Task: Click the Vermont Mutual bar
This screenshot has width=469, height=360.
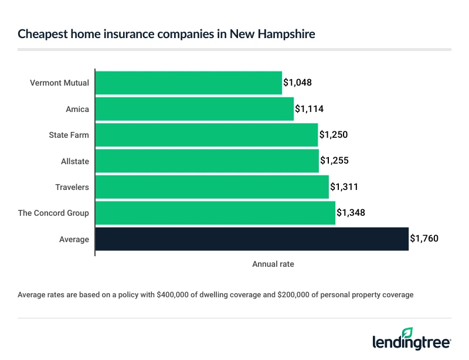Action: (x=188, y=83)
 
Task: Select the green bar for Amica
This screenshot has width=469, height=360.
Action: (x=194, y=108)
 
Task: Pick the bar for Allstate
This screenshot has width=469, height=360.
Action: (x=207, y=161)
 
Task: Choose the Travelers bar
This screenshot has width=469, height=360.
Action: (x=212, y=187)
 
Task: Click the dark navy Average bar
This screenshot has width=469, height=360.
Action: (x=252, y=239)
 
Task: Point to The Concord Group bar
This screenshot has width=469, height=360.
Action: (x=215, y=213)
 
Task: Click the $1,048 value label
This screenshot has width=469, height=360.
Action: (x=297, y=83)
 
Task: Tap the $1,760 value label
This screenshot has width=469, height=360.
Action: (x=424, y=239)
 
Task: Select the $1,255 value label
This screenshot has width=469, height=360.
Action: (x=334, y=161)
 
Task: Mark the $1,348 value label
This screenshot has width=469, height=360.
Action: (x=351, y=213)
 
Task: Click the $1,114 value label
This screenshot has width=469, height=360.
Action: (x=309, y=108)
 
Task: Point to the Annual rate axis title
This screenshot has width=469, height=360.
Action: (x=273, y=264)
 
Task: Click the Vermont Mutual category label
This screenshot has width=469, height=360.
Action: (x=59, y=83)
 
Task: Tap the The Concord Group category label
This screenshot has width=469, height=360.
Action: (x=53, y=213)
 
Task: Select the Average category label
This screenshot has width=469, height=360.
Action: (x=74, y=239)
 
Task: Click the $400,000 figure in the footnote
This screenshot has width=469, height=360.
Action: (x=171, y=295)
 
